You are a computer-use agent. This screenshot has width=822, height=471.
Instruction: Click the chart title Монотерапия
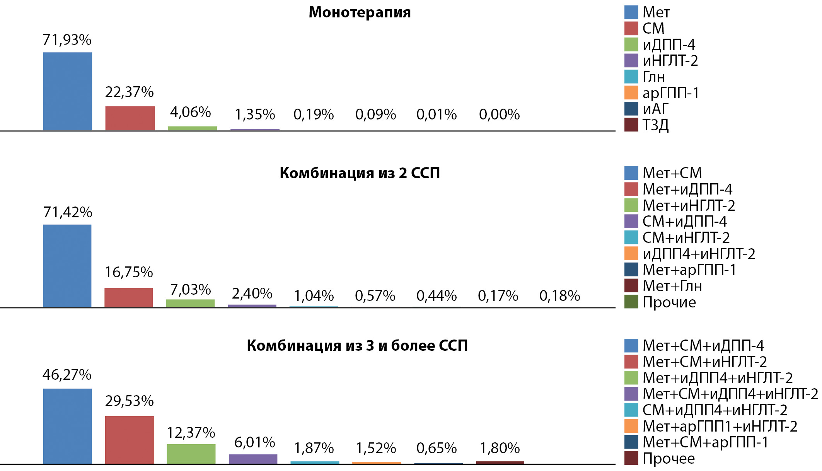(360, 12)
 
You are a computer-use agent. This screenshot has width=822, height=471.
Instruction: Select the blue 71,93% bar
(68, 92)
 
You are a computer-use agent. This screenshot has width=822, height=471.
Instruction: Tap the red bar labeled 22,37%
(130, 119)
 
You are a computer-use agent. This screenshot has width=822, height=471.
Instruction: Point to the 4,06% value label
(191, 113)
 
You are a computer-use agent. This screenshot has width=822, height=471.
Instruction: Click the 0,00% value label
(499, 114)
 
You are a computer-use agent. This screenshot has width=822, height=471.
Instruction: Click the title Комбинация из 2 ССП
(360, 173)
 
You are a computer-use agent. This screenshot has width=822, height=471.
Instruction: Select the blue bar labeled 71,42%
(67, 266)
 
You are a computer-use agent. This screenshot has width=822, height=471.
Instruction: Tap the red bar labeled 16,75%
(129, 298)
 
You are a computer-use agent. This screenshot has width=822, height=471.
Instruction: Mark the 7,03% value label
(191, 290)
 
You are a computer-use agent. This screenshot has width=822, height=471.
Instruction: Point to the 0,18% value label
(559, 296)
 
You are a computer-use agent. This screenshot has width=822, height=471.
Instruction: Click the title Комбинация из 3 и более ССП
(357, 346)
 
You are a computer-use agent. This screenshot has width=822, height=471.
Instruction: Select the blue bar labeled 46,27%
(67, 426)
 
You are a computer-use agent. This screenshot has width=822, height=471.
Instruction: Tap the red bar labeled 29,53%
(130, 440)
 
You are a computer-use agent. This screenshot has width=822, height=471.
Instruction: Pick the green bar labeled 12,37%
(191, 454)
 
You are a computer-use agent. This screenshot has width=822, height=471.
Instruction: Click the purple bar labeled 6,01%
(253, 459)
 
